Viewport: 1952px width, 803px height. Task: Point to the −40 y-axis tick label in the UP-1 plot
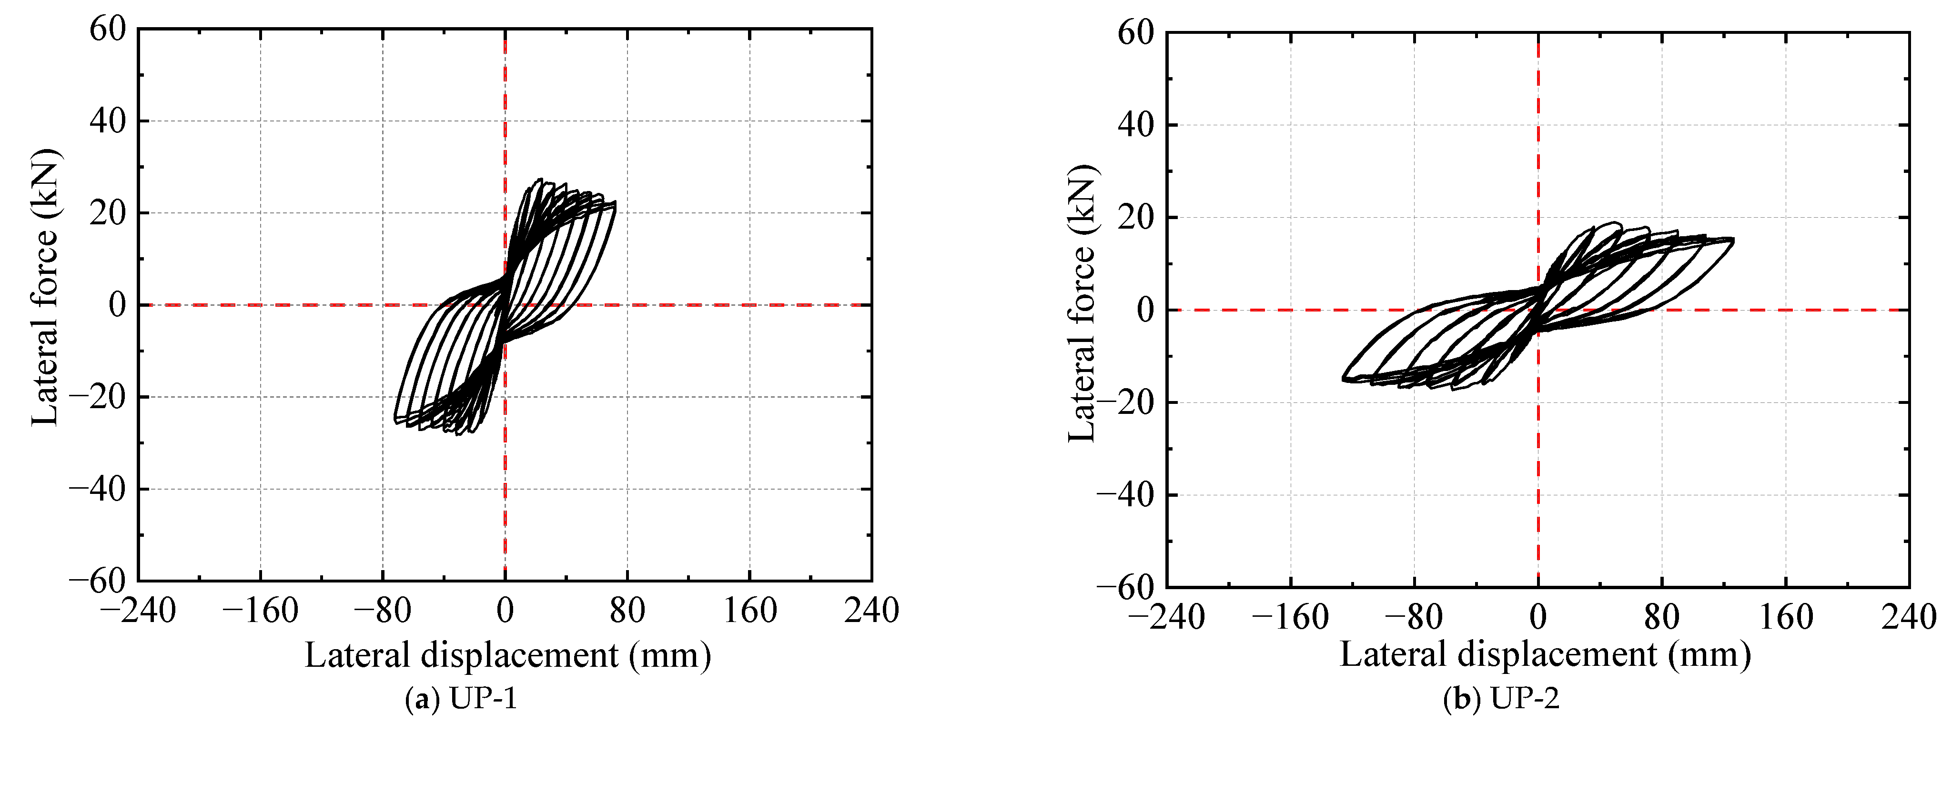(x=98, y=490)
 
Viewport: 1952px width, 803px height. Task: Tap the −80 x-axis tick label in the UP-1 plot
(x=383, y=611)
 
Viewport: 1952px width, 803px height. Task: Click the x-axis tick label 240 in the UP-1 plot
(x=871, y=611)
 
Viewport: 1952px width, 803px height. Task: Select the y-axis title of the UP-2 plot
(x=1082, y=303)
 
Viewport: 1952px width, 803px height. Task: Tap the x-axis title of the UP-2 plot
(x=1546, y=654)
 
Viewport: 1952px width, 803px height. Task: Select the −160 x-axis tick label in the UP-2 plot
(x=1291, y=617)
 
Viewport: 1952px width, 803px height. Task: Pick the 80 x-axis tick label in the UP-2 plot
(x=1662, y=617)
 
